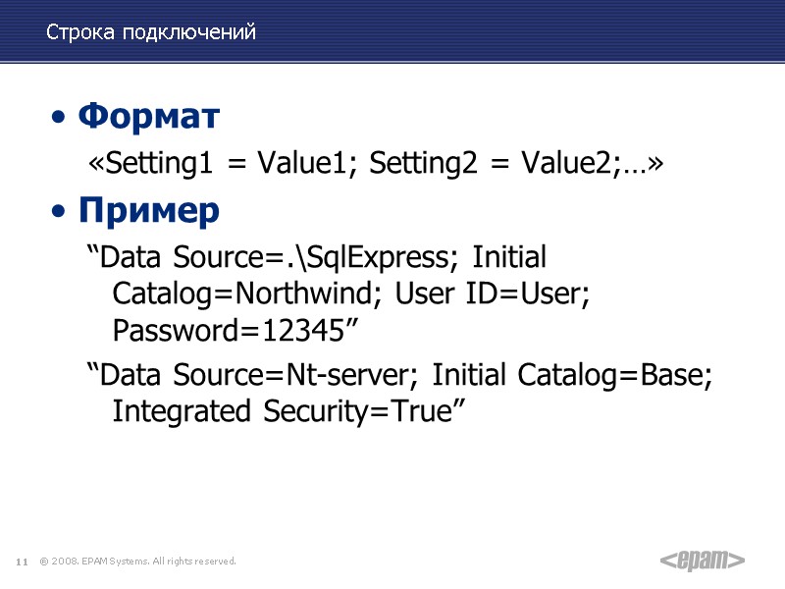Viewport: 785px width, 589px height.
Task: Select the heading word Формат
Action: coord(148,117)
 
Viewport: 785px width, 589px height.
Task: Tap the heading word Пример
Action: coord(149,210)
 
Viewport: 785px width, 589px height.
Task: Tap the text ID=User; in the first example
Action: coord(533,295)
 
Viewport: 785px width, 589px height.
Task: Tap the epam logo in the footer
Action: coord(701,561)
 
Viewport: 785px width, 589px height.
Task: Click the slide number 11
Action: coord(21,562)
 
